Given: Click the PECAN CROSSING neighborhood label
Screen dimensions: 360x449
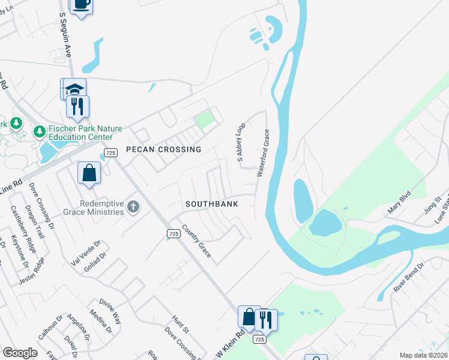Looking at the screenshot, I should pos(163,149).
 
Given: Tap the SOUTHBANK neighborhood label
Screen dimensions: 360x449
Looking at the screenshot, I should pos(212,204).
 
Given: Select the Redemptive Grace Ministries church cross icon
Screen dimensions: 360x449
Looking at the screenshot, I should pos(133,207).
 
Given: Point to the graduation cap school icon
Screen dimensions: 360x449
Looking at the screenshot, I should pos(75,89).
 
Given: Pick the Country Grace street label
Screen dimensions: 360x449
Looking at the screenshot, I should pos(196,241).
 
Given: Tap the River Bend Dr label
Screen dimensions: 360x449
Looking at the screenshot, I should pos(409,277).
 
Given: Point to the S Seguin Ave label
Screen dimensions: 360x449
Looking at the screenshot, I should pos(66,32).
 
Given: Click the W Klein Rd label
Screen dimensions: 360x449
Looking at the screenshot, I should pos(230,344).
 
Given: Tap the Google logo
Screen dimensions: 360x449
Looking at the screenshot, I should pos(20,353).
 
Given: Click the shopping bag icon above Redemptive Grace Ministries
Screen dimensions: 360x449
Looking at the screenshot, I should pos(89,173).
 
